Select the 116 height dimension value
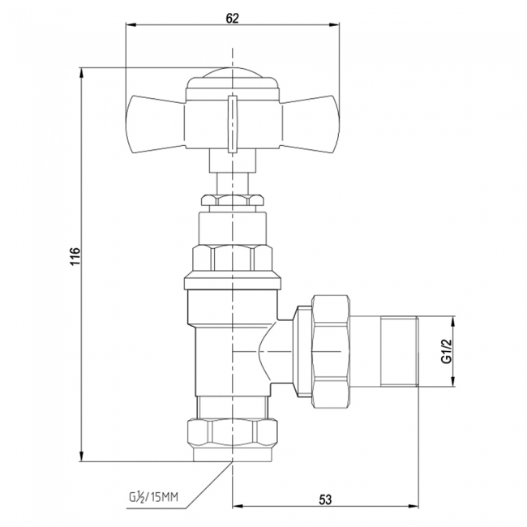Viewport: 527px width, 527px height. click(73, 257)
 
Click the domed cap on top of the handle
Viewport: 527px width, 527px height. click(233, 78)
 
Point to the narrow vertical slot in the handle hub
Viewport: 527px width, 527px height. click(233, 122)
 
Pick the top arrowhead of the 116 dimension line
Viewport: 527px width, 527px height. click(82, 74)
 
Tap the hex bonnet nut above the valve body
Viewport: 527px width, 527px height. click(233, 258)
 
